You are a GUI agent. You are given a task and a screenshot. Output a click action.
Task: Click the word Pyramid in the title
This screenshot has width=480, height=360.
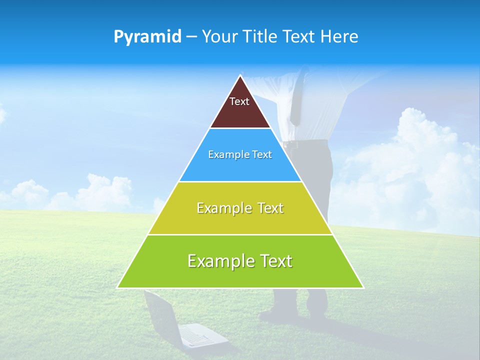[147, 36]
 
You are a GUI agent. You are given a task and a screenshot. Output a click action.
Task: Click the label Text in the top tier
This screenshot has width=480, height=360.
[239, 101]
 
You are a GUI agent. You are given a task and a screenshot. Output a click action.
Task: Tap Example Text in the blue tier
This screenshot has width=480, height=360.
[240, 154]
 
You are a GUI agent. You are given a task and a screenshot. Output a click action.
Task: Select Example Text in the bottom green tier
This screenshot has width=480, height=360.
[240, 261]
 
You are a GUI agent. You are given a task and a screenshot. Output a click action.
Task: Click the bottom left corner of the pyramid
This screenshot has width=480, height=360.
[118, 287]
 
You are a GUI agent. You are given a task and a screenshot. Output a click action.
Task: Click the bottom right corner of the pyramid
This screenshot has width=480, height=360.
[362, 287]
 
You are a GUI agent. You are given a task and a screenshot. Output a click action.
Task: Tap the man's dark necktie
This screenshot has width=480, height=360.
[296, 100]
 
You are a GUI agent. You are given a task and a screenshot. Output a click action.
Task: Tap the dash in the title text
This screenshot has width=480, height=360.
[191, 37]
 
